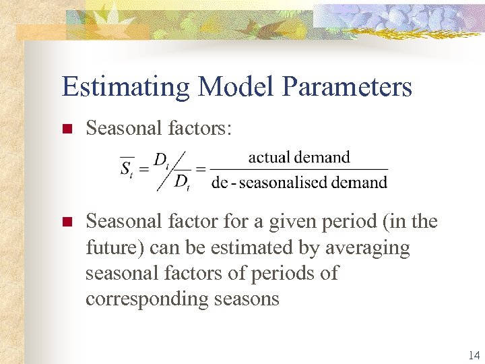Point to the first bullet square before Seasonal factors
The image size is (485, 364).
[66, 129]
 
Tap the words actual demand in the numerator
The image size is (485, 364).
[299, 157]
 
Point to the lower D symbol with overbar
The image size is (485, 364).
[182, 181]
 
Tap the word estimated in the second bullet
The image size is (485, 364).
[245, 247]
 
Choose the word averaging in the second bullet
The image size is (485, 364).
[366, 247]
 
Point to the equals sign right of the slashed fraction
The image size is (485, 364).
[201, 169]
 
